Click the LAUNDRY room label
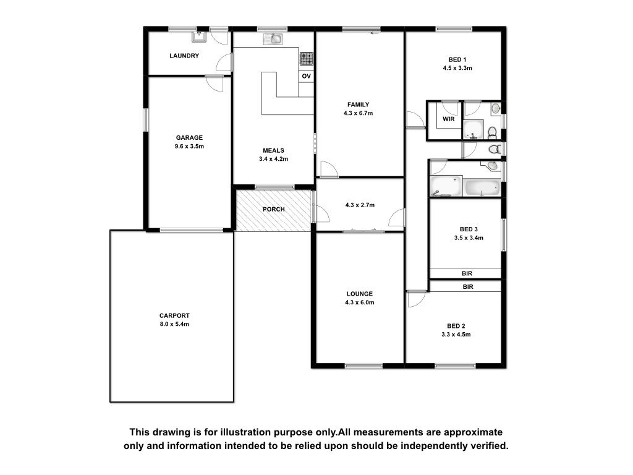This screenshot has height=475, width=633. click(184, 56)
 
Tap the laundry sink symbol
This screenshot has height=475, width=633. click(199, 36)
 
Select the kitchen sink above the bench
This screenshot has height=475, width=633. click(273, 39)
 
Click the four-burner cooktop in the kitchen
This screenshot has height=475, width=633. click(307, 59)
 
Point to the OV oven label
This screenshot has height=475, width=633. click(307, 76)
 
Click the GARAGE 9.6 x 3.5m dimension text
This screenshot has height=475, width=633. click(189, 146)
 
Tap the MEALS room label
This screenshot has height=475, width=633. click(273, 150)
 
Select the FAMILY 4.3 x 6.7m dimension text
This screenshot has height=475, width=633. click(358, 113)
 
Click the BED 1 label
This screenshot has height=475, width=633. click(457, 59)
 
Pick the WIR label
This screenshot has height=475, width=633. click(449, 119)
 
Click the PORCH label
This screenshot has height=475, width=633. click(274, 209)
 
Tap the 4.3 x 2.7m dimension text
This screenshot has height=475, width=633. click(360, 205)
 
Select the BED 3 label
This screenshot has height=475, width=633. click(469, 229)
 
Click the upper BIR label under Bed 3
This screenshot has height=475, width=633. click(467, 273)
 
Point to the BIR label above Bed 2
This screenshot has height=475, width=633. click(468, 287)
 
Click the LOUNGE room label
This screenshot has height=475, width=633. click(360, 294)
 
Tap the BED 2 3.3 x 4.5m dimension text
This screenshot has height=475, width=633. click(456, 335)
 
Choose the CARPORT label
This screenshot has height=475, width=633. click(174, 315)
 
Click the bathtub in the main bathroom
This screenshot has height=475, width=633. click(483, 188)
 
